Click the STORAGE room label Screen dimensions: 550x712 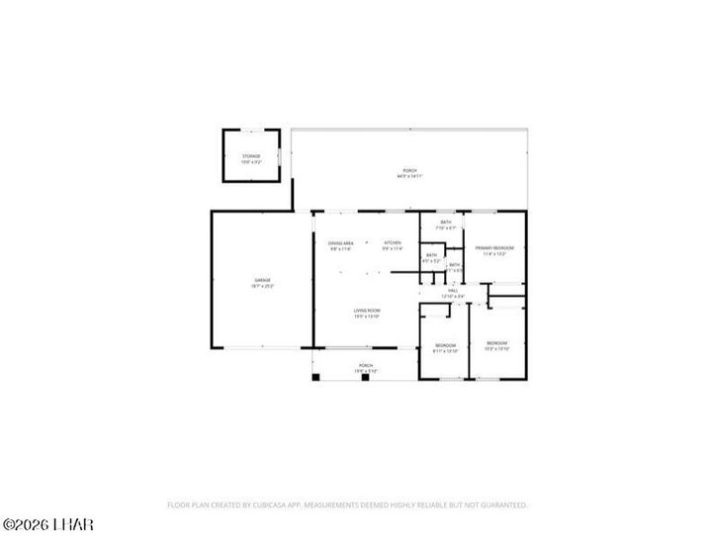click(x=251, y=155)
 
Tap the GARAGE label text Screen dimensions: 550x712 click(x=262, y=280)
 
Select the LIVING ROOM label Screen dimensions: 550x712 click(x=367, y=311)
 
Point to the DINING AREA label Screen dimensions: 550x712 click(x=341, y=242)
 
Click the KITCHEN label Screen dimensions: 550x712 click(x=393, y=242)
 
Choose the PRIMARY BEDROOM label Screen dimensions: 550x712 click(x=494, y=247)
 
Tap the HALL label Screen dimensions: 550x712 click(x=453, y=291)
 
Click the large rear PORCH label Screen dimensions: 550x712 click(x=409, y=170)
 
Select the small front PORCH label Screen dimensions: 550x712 click(x=366, y=365)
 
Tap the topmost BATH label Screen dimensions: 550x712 click(x=447, y=222)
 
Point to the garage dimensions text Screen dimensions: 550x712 click(x=262, y=286)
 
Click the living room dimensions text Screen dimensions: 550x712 click(x=367, y=317)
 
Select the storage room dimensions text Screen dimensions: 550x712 click(x=251, y=161)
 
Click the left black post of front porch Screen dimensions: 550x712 click(x=315, y=376)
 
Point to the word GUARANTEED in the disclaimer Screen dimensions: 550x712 click(x=502, y=504)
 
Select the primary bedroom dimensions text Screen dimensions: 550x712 click(x=494, y=253)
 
